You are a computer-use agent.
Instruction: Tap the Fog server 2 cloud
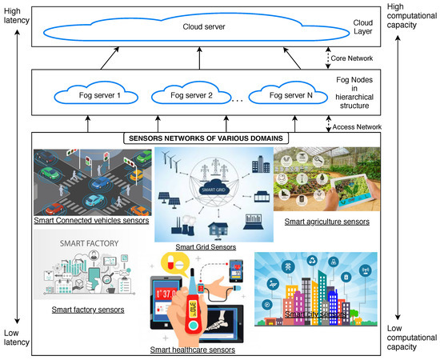pos(190,95)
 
